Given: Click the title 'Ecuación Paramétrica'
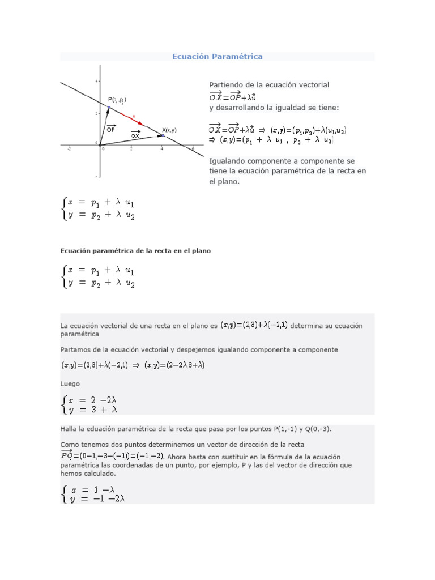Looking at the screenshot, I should [217, 57].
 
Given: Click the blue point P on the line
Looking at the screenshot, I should [109, 107].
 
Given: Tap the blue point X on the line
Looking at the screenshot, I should [163, 135].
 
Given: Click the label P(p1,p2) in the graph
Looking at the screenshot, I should [117, 100].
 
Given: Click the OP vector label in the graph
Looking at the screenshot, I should [111, 129].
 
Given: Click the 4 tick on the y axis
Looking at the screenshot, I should [96, 82].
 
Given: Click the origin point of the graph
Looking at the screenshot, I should [100, 146].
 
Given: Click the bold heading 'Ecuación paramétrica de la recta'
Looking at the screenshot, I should [135, 251].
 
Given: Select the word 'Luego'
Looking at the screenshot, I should [70, 384].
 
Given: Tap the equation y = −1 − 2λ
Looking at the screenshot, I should [96, 499].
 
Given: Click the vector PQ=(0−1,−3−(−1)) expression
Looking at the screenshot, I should [112, 456].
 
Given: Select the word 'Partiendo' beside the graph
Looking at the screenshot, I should [226, 84].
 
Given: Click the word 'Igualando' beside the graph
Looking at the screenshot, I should [227, 161].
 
